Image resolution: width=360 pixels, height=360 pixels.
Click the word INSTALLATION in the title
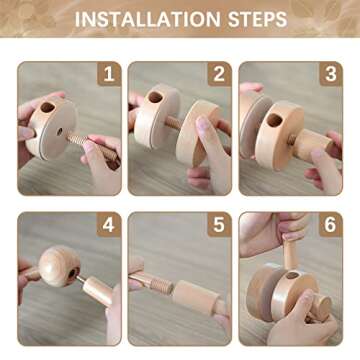146,19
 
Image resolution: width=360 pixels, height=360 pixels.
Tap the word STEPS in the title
256,19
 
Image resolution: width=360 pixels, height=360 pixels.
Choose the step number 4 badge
107,225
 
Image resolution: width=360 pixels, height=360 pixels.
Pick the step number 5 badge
217,225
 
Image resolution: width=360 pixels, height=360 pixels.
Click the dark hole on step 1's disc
44,106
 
